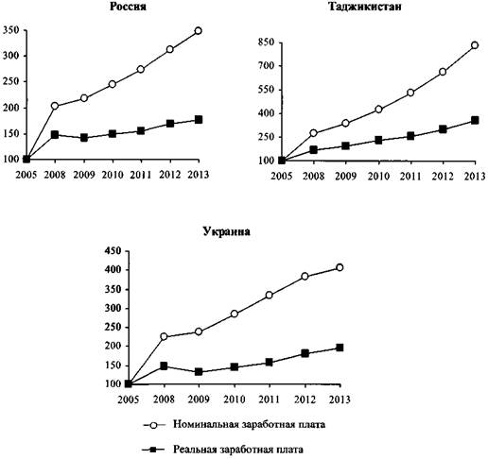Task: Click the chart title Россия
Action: tap(128, 7)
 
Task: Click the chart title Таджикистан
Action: tap(365, 7)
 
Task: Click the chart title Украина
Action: tap(226, 231)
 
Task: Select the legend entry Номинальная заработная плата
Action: tap(249, 424)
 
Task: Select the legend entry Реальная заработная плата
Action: tap(238, 450)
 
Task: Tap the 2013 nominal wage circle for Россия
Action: tap(198, 31)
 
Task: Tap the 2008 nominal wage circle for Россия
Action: tap(55, 106)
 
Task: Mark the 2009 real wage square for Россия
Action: tap(84, 138)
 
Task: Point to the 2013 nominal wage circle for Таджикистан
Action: tap(475, 45)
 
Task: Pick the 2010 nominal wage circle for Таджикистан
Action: tap(378, 110)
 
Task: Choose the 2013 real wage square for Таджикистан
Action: tap(475, 120)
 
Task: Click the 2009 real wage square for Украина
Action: tap(199, 372)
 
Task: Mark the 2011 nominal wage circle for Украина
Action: tap(269, 295)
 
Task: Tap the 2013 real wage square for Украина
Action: tap(340, 348)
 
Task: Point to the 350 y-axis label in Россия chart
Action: tap(11, 30)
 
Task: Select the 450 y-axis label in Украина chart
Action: tap(113, 251)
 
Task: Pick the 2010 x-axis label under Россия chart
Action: tap(113, 175)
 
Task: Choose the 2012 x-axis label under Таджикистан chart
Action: tap(443, 176)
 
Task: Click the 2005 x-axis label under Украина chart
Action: tap(129, 399)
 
